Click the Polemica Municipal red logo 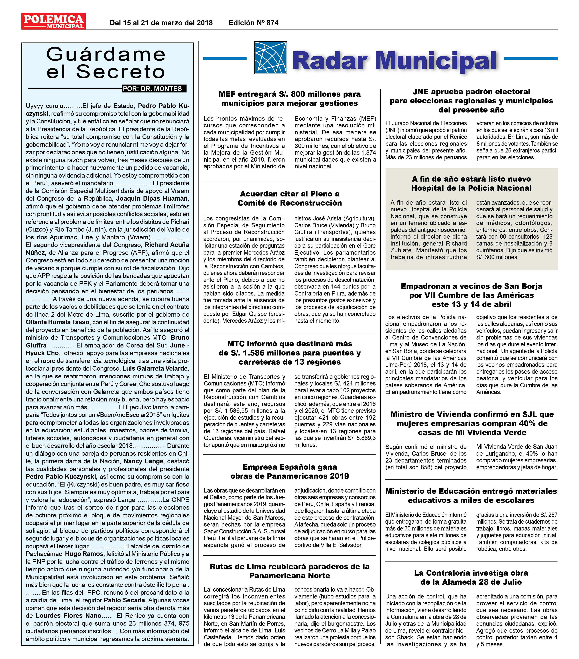[x=53, y=21]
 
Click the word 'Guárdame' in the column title [x=106, y=54]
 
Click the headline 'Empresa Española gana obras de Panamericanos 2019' [x=289, y=471]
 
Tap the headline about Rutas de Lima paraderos [x=289, y=571]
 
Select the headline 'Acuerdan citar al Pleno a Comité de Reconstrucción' [x=289, y=198]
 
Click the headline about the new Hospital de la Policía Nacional [x=471, y=183]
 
